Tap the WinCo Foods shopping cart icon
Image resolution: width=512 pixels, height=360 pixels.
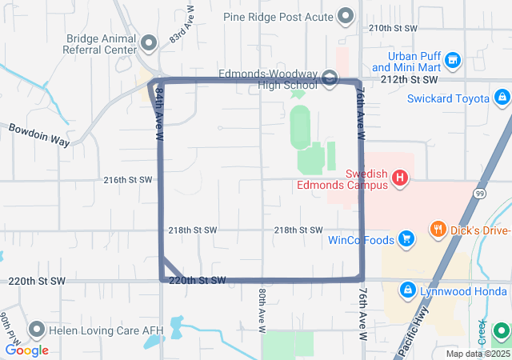[x=406, y=238]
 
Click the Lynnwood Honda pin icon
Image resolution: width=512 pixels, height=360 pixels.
[x=406, y=289]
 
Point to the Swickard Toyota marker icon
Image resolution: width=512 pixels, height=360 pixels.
[x=502, y=98]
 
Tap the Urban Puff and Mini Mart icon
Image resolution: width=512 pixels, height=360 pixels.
[x=453, y=60]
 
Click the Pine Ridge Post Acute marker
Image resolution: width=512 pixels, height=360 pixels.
[x=346, y=15]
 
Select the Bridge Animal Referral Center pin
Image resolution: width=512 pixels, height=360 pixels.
[x=149, y=42]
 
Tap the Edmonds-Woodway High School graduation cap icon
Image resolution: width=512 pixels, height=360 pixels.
[x=330, y=77]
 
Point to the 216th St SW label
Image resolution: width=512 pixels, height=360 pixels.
[x=127, y=180]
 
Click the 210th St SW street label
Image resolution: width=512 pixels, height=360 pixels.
[x=393, y=27]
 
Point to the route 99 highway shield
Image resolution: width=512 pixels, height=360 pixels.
[x=478, y=194]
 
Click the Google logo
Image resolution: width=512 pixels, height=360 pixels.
[x=26, y=350]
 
